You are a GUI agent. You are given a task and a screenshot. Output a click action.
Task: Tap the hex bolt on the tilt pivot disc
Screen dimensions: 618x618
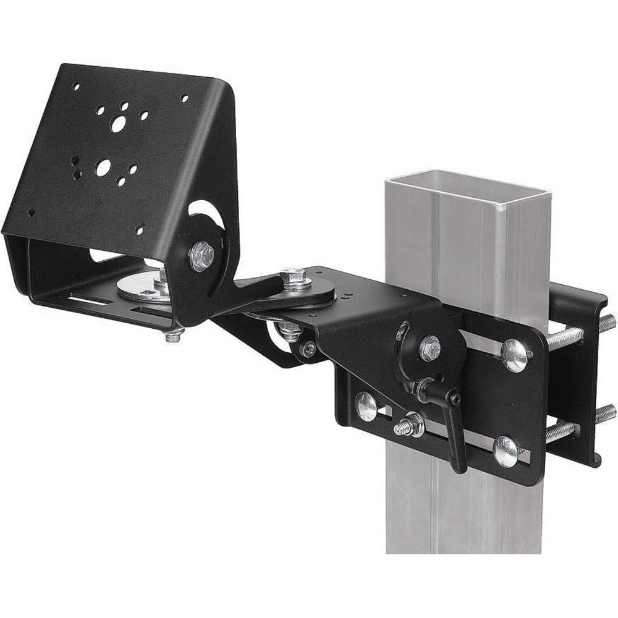click(x=201, y=255)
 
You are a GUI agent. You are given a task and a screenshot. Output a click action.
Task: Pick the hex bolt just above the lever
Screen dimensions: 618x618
click(x=429, y=349)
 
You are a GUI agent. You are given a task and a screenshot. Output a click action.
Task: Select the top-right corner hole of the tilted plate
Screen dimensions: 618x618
click(x=184, y=97)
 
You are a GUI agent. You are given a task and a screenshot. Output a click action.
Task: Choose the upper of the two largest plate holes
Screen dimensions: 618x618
click(x=117, y=124)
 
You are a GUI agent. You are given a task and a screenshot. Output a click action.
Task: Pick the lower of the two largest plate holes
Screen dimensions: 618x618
click(x=103, y=167)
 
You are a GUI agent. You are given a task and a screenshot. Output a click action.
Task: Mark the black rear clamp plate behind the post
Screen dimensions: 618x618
click(x=578, y=377)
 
